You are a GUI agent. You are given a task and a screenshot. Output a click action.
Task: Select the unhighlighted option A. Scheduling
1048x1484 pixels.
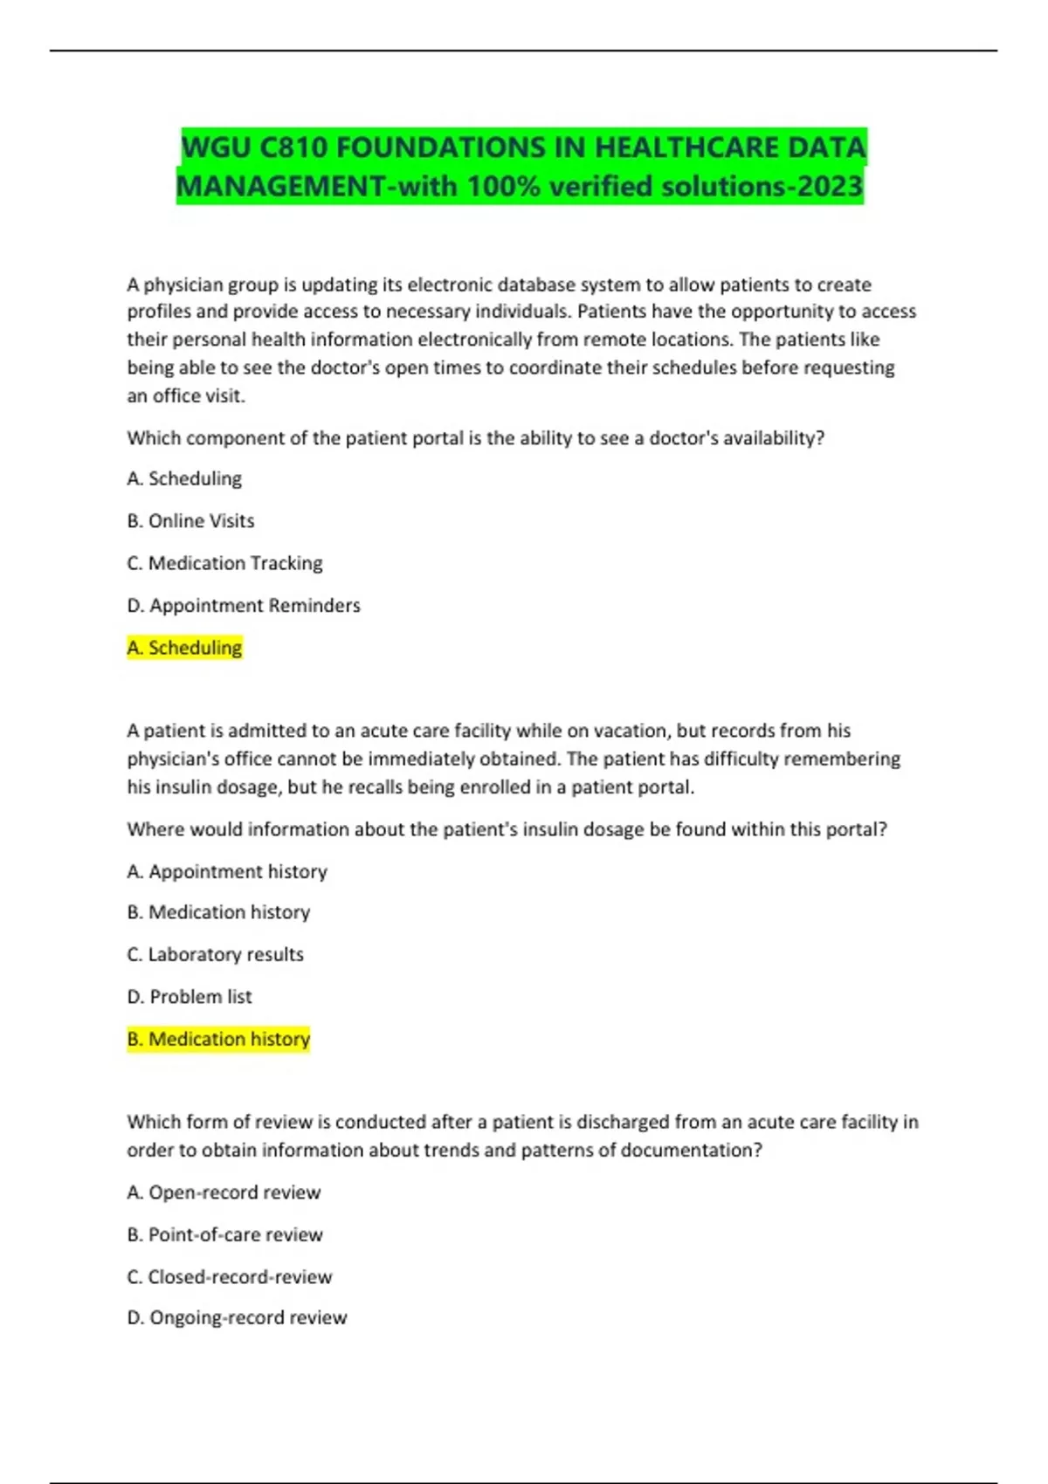(184, 478)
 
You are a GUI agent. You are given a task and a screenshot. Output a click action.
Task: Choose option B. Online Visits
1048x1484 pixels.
(190, 521)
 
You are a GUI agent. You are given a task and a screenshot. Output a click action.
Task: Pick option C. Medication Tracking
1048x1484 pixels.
(224, 563)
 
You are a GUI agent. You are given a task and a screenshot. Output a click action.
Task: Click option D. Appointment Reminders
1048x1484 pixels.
(243, 606)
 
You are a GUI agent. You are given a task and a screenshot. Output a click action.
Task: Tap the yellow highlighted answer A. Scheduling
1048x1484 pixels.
(184, 648)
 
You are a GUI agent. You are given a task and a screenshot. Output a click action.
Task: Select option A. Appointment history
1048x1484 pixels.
(227, 871)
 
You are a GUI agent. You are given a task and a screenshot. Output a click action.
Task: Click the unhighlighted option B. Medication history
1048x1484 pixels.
(218, 912)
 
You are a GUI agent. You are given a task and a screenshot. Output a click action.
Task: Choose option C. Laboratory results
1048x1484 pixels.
(215, 954)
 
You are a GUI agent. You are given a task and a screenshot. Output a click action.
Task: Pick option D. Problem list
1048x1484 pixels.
(190, 997)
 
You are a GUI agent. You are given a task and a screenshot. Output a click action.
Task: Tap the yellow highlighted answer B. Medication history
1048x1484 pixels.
(218, 1039)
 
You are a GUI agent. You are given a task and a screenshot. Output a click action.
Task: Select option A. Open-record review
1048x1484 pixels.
(224, 1192)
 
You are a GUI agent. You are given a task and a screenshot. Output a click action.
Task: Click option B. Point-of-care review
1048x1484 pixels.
(224, 1234)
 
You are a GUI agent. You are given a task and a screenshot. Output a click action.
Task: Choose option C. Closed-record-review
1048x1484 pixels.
(229, 1277)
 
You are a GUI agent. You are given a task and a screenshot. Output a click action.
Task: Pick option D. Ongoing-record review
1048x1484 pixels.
(237, 1317)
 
